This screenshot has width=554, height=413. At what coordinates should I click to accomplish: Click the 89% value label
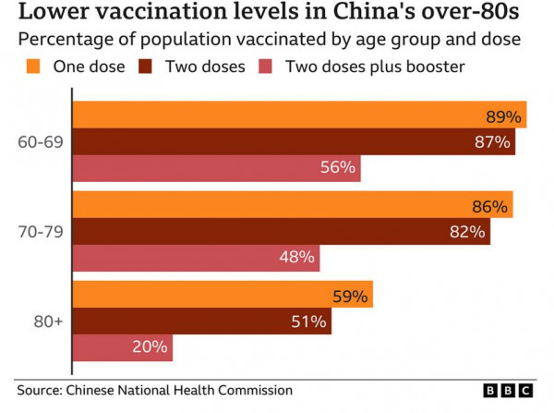point(504,116)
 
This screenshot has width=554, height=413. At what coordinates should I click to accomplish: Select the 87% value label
point(492,142)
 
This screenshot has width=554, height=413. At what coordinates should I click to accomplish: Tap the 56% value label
point(338,167)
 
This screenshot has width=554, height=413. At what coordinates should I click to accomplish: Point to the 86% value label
point(490,207)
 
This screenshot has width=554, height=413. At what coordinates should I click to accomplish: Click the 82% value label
point(467,232)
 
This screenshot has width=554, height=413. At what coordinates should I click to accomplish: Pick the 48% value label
point(297,258)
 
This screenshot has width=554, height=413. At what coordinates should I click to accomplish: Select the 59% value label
point(350,297)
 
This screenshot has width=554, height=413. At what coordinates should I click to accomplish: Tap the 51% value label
point(308,322)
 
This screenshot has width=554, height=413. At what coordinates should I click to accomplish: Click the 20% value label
point(150,347)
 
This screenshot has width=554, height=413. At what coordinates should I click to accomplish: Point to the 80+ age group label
point(47,322)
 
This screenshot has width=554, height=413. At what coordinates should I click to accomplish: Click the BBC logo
point(509,391)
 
